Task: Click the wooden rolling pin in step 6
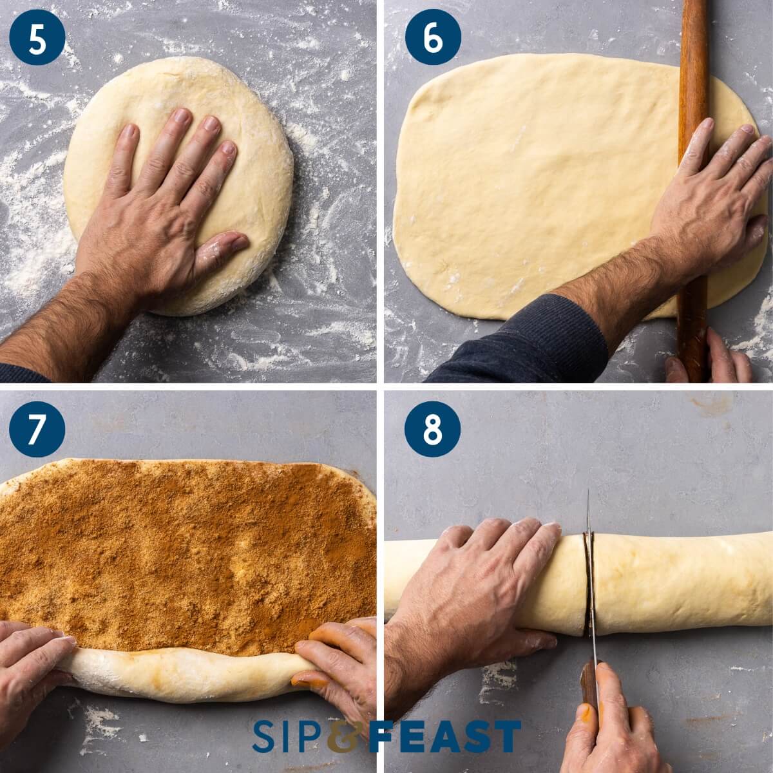694,97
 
